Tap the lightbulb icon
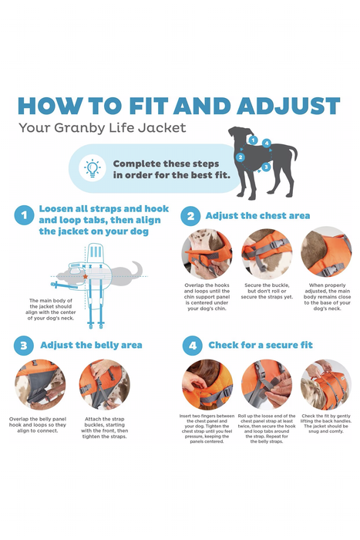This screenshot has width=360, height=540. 92,168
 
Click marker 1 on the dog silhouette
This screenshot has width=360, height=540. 252,140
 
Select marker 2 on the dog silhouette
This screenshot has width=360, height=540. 241,157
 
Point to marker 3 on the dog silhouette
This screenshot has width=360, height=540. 266,167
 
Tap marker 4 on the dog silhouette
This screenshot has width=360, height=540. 267,143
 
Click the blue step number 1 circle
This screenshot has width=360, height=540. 25,215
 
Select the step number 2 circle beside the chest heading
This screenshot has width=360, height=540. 190,215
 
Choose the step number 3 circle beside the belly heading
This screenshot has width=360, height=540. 25,345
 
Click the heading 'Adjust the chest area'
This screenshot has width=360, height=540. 257,215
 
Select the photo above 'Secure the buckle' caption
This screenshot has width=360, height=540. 267,254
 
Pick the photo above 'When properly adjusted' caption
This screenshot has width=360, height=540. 325,252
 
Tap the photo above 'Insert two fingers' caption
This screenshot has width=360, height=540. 207,384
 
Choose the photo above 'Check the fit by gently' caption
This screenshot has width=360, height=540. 325,384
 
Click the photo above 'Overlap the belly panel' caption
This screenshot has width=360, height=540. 40,384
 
